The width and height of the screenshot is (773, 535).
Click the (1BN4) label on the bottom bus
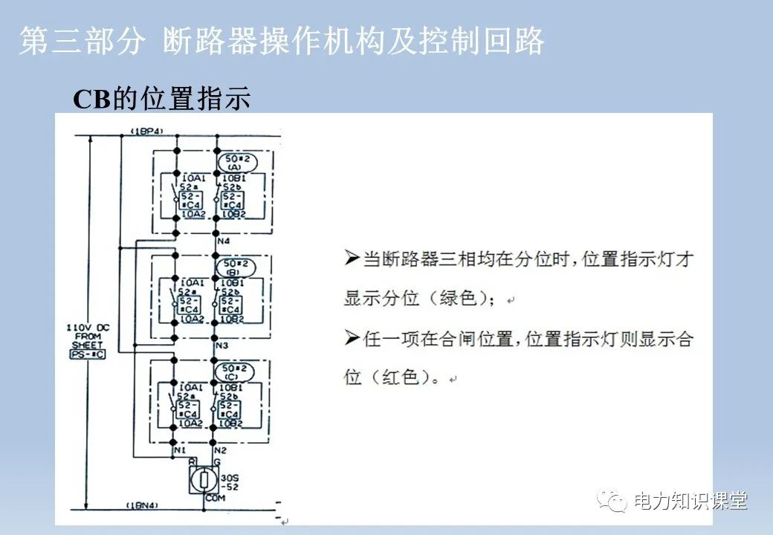146,506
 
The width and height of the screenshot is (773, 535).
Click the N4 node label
222,241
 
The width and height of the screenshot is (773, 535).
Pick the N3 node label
222,346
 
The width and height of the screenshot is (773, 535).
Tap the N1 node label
178,451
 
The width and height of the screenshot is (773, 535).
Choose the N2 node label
221,451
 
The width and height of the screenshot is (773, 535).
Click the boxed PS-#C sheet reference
88,355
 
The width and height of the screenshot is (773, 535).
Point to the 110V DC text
88,327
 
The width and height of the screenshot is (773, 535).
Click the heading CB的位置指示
161,99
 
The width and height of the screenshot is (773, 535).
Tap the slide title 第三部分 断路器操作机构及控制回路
282,42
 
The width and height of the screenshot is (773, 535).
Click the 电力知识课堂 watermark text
690,502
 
